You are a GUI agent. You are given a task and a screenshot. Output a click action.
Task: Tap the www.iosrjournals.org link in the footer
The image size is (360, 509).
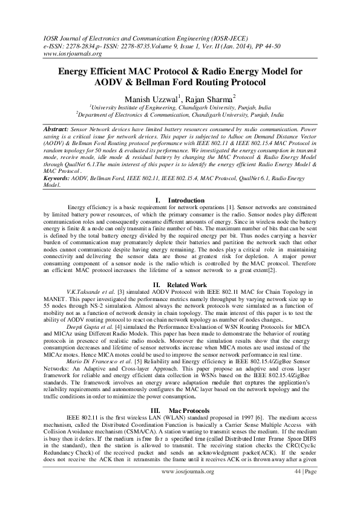(188, 488)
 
